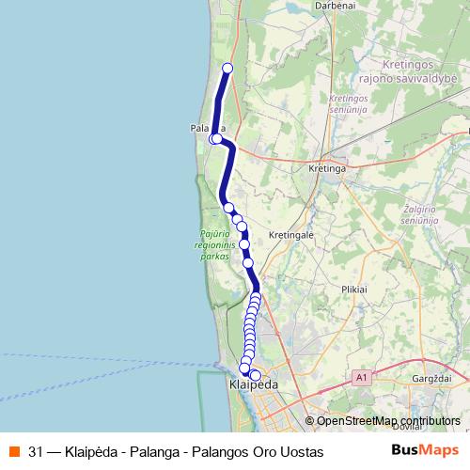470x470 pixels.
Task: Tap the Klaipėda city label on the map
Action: click(254, 385)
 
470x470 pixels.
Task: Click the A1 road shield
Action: click(361, 377)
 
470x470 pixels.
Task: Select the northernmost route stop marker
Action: click(227, 67)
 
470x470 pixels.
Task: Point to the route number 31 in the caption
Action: click(36, 452)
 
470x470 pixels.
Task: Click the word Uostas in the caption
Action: click(302, 452)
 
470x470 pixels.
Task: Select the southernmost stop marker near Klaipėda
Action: click(255, 375)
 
